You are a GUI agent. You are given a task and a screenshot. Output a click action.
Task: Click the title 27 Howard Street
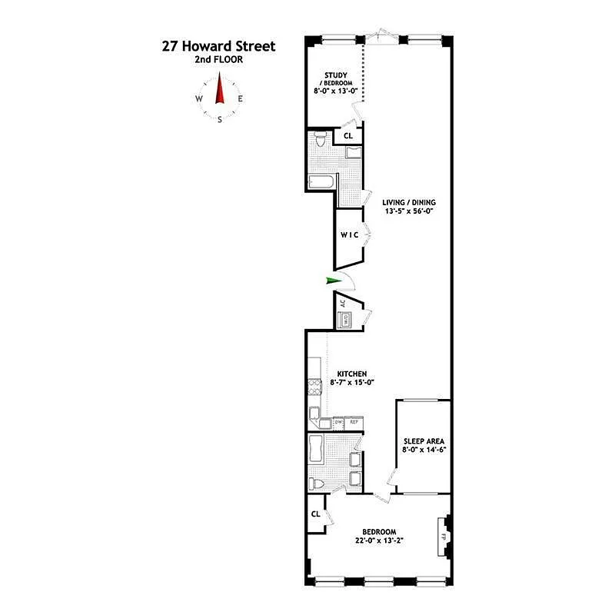[218, 47]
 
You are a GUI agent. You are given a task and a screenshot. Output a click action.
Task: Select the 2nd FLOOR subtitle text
[219, 60]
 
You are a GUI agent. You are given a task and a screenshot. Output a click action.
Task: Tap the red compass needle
[220, 88]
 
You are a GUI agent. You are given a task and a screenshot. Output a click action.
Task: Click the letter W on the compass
[199, 99]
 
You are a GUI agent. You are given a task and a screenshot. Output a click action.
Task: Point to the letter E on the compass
[241, 99]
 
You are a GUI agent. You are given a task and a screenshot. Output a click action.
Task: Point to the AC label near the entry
[343, 303]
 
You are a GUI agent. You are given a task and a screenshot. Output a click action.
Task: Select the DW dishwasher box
[338, 422]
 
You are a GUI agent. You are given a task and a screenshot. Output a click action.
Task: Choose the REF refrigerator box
[354, 422]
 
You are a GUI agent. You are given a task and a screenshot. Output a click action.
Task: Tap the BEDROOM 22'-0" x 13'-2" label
[380, 536]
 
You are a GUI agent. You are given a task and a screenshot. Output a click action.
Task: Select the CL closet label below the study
[347, 136]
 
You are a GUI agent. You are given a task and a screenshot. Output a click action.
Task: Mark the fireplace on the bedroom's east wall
[444, 536]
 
